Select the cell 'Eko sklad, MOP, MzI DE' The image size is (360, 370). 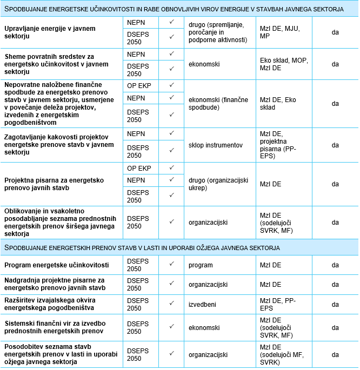click(283, 64)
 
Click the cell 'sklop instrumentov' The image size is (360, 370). click(215, 145)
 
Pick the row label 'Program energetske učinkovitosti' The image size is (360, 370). click(57, 265)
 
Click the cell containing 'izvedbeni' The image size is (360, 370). click(202, 304)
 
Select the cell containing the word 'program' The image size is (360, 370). click(201, 265)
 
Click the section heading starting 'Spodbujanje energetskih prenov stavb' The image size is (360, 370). click(142, 247)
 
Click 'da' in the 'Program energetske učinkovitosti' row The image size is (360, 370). click(335, 265)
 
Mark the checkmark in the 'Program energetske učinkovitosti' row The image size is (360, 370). click(171, 264)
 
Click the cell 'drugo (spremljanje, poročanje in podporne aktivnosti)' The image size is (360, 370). click(218, 32)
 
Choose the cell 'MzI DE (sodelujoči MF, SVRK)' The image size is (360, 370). click(282, 354)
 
